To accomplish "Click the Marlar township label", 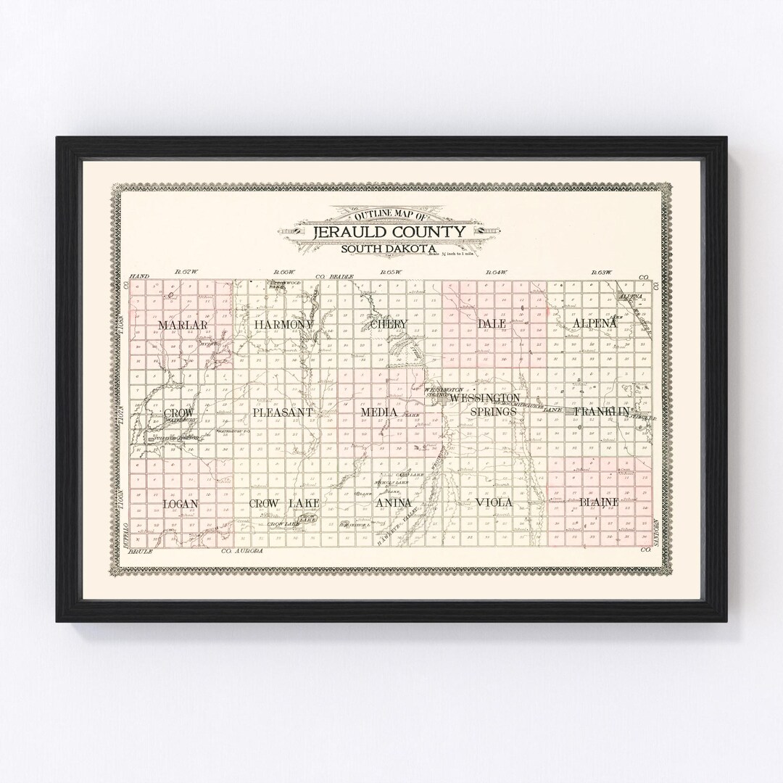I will (x=177, y=326).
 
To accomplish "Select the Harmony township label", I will (x=283, y=325).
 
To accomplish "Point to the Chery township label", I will (x=389, y=324).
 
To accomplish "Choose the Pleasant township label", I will (x=283, y=413).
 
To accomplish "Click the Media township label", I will (x=379, y=413).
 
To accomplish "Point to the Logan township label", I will (x=181, y=503).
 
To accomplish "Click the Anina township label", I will (x=394, y=502).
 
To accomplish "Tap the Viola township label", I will (x=494, y=502).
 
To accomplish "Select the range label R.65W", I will (x=391, y=272).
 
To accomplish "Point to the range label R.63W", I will (x=601, y=272).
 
